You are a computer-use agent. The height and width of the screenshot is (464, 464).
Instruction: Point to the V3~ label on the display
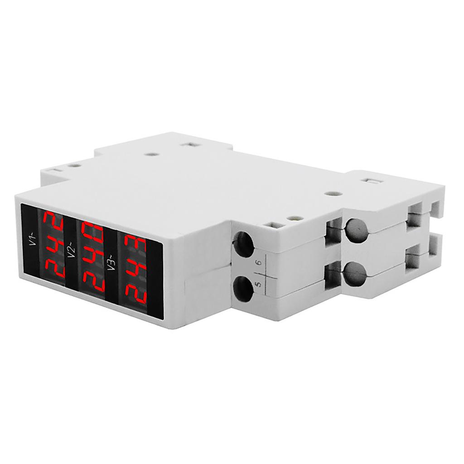111,262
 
